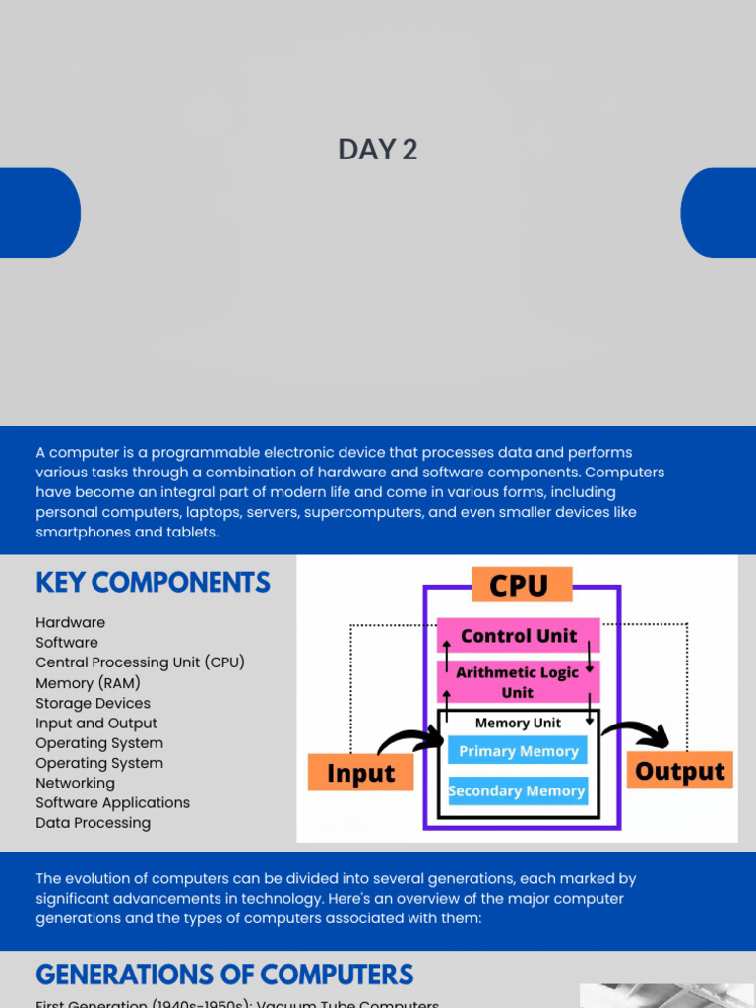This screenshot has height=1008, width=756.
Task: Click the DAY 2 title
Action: click(378, 150)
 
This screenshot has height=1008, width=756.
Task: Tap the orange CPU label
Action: click(519, 586)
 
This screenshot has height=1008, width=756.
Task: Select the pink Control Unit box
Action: click(519, 636)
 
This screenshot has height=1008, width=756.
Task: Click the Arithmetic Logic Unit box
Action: click(518, 682)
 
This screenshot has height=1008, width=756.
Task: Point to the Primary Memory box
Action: click(518, 751)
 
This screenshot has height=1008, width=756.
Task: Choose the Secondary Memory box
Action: click(517, 790)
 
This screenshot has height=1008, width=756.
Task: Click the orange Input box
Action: click(360, 774)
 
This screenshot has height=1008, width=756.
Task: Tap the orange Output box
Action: click(679, 771)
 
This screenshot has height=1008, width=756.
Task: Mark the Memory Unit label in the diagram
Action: click(518, 723)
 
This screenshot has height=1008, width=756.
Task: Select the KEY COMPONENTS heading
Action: click(153, 583)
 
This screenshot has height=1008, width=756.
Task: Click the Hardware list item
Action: click(70, 623)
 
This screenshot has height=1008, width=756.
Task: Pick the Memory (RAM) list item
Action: click(88, 683)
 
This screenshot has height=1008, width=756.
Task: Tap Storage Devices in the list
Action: click(93, 703)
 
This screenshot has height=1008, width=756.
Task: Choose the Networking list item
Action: click(75, 783)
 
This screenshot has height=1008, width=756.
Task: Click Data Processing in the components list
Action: click(93, 823)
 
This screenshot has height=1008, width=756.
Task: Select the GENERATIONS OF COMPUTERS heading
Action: click(224, 975)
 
